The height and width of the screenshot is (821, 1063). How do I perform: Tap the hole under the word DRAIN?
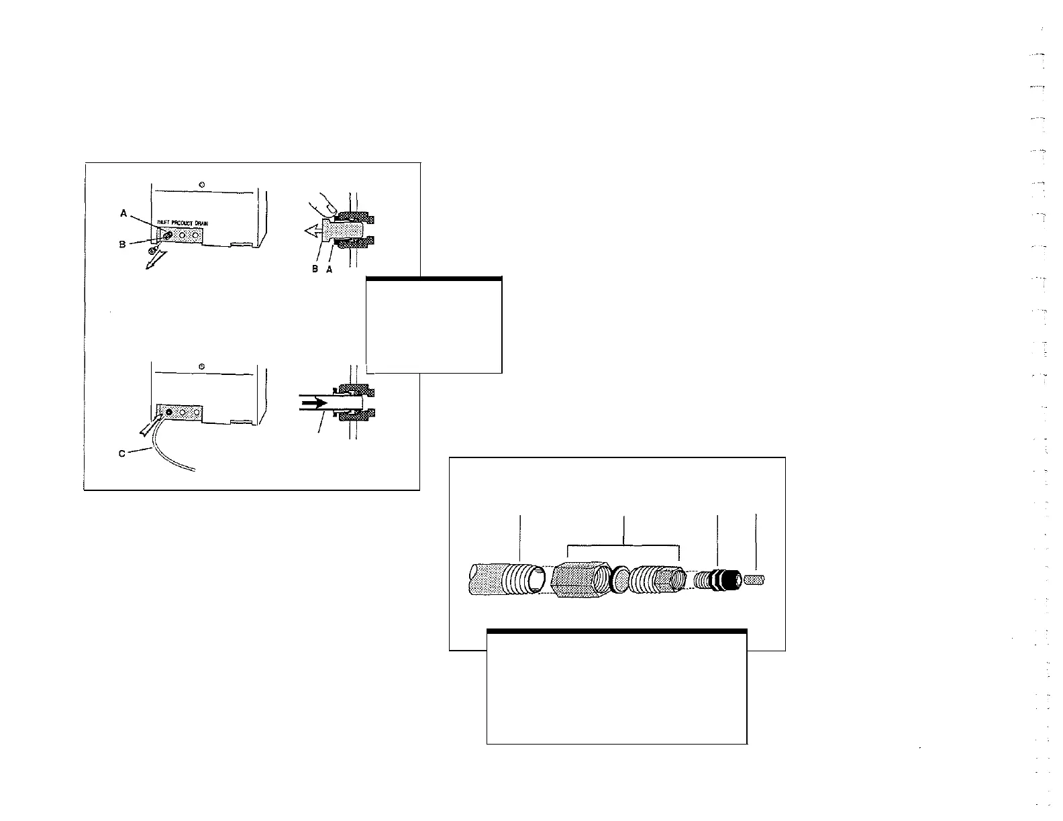coord(196,235)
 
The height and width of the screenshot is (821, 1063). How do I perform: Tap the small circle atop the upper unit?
coord(202,184)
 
